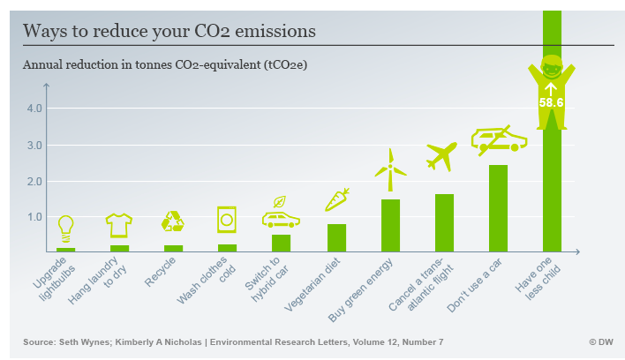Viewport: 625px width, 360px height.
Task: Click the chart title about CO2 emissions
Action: (x=169, y=31)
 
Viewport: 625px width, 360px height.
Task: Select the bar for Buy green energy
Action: (x=390, y=226)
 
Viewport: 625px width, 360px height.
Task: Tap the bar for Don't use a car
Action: (x=498, y=208)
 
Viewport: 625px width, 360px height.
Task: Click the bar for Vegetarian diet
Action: (x=336, y=238)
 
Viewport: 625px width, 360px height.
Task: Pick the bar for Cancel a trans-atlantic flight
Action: (x=444, y=223)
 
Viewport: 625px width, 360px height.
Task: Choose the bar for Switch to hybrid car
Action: (x=282, y=243)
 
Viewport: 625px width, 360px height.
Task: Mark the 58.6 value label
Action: (x=551, y=102)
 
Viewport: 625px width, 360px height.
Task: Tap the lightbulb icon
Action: (x=65, y=229)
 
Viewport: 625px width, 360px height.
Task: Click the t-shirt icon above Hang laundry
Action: (x=119, y=226)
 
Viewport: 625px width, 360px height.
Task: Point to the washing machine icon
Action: (x=227, y=219)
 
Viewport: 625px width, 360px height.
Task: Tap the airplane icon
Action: (x=442, y=155)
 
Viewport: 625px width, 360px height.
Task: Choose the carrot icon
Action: (x=337, y=199)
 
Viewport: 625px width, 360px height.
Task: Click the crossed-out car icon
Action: (x=498, y=139)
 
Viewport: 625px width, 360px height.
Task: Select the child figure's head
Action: (x=552, y=67)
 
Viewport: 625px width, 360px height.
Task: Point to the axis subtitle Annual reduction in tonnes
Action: (x=165, y=64)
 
